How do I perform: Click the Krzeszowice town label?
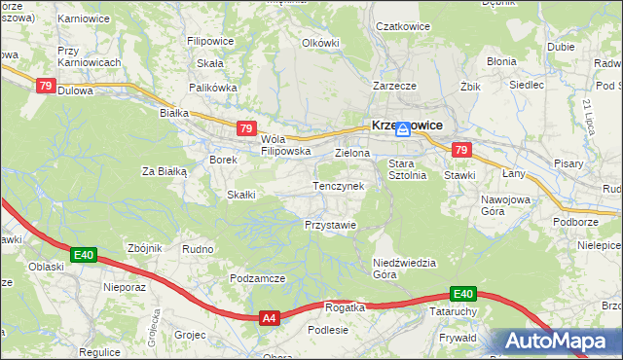(x=407, y=125)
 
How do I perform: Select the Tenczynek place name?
(x=338, y=185)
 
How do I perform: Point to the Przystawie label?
(x=330, y=224)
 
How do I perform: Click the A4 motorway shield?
(x=270, y=317)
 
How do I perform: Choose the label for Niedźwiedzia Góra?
(x=405, y=269)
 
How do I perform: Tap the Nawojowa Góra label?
(x=503, y=204)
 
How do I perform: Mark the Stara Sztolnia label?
(x=408, y=169)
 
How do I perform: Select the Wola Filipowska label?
(x=285, y=145)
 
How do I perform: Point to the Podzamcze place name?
(x=257, y=277)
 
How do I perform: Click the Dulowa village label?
(x=76, y=90)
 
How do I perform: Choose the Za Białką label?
(x=165, y=171)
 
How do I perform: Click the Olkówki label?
(x=320, y=43)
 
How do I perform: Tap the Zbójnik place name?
(x=144, y=248)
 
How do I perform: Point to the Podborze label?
(x=574, y=221)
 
